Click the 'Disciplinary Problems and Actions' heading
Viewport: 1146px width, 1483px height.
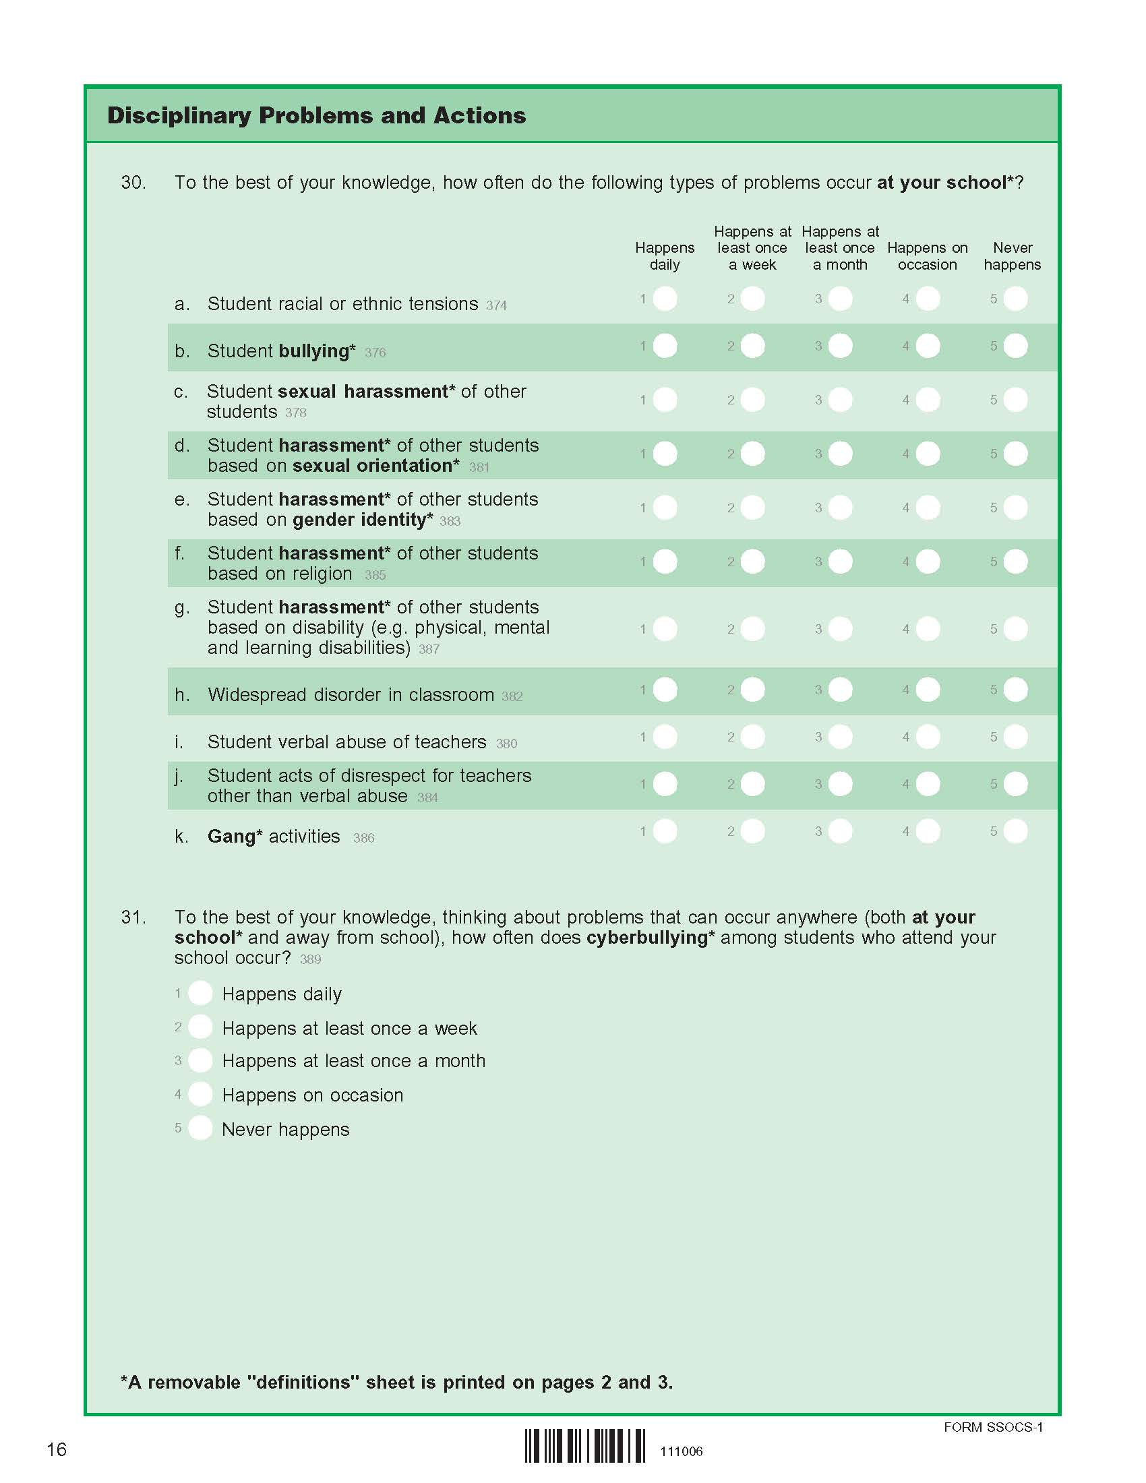pyautogui.click(x=316, y=115)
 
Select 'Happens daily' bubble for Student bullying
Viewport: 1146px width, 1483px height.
pyautogui.click(x=665, y=346)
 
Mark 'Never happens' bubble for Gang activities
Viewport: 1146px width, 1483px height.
pyautogui.click(x=1015, y=831)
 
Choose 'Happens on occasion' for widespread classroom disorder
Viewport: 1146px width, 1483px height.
pyautogui.click(x=928, y=690)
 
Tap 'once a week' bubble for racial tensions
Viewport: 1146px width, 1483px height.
pyautogui.click(x=752, y=299)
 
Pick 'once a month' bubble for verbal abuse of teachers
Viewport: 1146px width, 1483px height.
pyautogui.click(x=840, y=737)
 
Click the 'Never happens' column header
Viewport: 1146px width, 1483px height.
pyautogui.click(x=1012, y=256)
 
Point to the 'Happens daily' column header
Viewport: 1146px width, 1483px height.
pyautogui.click(x=665, y=256)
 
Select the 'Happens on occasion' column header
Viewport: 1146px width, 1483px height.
pyautogui.click(x=928, y=256)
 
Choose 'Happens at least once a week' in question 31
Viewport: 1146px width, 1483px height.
pyautogui.click(x=200, y=1027)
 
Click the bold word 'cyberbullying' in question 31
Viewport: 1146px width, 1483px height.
pyautogui.click(x=646, y=938)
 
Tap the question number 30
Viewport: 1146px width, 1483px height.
pyautogui.click(x=133, y=183)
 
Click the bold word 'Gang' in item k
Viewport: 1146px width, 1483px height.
pyautogui.click(x=231, y=837)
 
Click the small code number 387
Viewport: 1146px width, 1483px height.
pyautogui.click(x=429, y=649)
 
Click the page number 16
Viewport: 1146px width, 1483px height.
pyautogui.click(x=57, y=1450)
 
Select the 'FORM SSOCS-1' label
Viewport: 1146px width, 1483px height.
pyautogui.click(x=992, y=1427)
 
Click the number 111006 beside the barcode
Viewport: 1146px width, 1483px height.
pyautogui.click(x=681, y=1452)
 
